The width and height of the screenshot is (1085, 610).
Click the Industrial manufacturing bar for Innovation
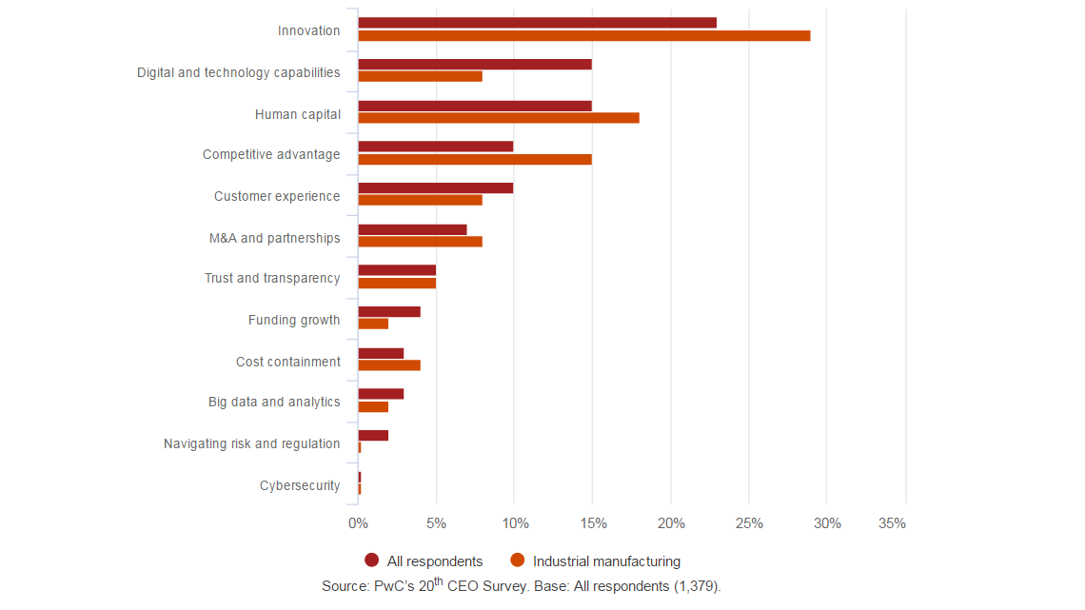tap(584, 36)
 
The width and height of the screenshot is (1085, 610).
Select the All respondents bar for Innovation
tap(538, 23)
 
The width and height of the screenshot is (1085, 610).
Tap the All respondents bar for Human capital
tap(475, 106)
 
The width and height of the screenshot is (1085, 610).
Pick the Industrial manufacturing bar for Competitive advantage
tap(475, 160)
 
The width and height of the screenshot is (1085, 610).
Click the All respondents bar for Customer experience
tap(436, 188)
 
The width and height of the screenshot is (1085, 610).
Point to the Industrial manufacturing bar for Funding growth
tap(373, 325)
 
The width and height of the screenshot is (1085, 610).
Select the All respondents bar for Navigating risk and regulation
tap(373, 436)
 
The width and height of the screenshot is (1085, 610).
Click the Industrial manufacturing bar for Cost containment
tap(389, 365)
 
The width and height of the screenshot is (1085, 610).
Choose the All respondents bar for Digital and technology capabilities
tap(475, 65)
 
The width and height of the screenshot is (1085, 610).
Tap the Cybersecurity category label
tap(300, 486)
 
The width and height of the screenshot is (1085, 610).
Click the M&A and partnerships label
tap(274, 238)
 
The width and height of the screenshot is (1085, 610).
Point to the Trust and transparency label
tap(272, 279)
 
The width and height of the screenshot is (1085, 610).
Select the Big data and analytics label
tap(274, 403)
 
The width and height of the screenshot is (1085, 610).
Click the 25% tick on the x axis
tap(749, 523)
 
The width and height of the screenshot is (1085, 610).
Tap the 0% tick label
tap(358, 523)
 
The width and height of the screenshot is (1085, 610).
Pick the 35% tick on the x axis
tap(892, 523)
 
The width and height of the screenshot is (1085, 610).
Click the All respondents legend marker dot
tap(372, 561)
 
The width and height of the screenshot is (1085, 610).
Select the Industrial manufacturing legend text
tap(606, 561)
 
